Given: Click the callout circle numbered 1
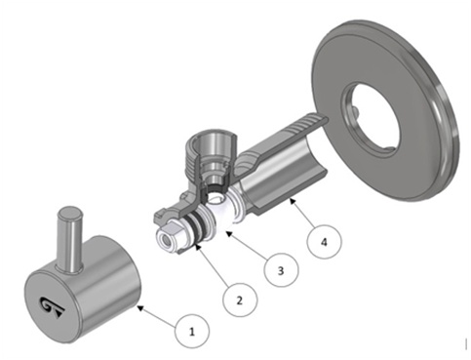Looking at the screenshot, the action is click(192, 331).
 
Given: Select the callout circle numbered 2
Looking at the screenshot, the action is click(240, 300).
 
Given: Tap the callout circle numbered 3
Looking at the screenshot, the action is click(281, 269).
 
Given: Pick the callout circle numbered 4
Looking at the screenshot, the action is click(324, 242).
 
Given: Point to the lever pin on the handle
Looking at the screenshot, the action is click(69, 239).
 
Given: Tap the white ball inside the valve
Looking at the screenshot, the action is click(222, 212).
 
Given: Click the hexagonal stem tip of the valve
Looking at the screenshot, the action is click(170, 237).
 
